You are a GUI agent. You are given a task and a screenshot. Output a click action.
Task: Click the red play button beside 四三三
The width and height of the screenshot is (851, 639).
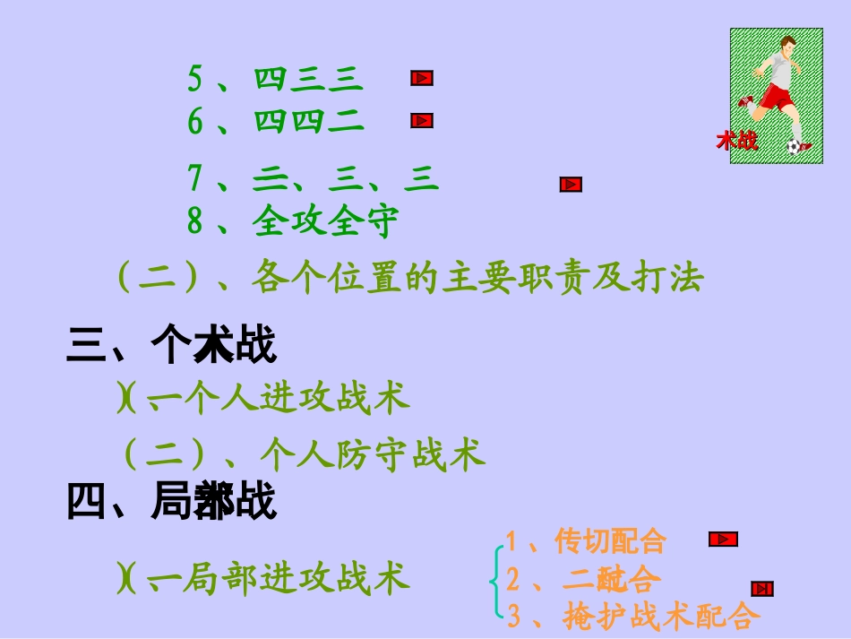422,79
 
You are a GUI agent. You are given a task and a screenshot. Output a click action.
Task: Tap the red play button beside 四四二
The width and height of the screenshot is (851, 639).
422,121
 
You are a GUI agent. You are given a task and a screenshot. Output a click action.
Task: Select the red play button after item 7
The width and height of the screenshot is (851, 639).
571,185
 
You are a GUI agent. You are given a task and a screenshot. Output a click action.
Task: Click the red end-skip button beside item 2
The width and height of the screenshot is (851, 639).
762,589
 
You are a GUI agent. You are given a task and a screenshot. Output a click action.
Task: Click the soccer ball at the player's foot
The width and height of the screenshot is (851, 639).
795,146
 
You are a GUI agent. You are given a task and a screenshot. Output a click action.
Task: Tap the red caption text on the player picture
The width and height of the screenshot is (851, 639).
736,141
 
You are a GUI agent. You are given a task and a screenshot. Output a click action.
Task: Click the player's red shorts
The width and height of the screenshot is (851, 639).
778,96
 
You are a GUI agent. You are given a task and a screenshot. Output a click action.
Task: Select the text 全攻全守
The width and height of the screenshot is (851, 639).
325,221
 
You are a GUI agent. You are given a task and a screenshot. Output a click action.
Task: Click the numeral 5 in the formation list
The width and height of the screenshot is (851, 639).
194,80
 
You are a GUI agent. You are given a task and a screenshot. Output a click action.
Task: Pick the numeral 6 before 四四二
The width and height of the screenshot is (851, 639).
194,122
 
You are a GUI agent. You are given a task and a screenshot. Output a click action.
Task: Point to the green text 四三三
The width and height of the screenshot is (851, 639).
309,80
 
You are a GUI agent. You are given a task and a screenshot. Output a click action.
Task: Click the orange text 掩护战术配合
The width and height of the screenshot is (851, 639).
661,617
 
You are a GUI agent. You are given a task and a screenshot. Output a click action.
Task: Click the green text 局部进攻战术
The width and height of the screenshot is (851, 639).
296,579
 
